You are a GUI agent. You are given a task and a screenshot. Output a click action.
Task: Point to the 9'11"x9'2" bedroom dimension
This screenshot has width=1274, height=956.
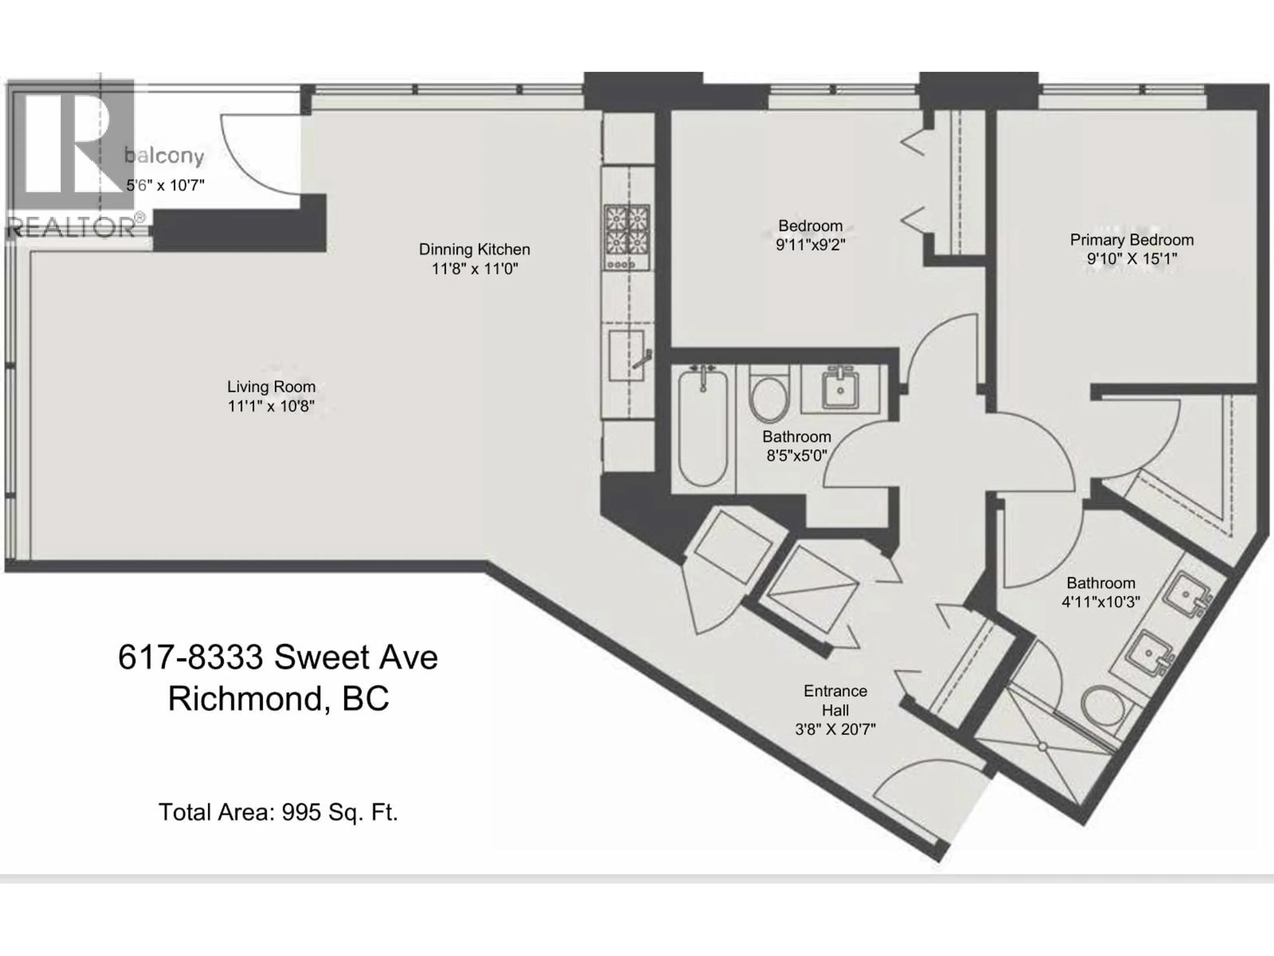[x=811, y=245]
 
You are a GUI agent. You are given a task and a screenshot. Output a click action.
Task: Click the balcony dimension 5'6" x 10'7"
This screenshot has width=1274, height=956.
[x=165, y=185]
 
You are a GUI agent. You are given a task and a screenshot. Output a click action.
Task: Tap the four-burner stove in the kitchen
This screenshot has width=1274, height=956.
[x=627, y=237]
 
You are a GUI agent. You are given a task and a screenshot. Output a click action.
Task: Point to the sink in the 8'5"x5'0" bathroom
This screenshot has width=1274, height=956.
[x=840, y=389]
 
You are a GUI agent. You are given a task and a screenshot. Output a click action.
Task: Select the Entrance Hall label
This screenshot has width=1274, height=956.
[x=835, y=700]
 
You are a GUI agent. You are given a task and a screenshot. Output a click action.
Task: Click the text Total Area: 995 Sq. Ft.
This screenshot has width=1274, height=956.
[x=278, y=812]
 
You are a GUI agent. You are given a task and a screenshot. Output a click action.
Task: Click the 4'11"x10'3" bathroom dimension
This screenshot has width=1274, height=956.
[x=1100, y=601]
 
